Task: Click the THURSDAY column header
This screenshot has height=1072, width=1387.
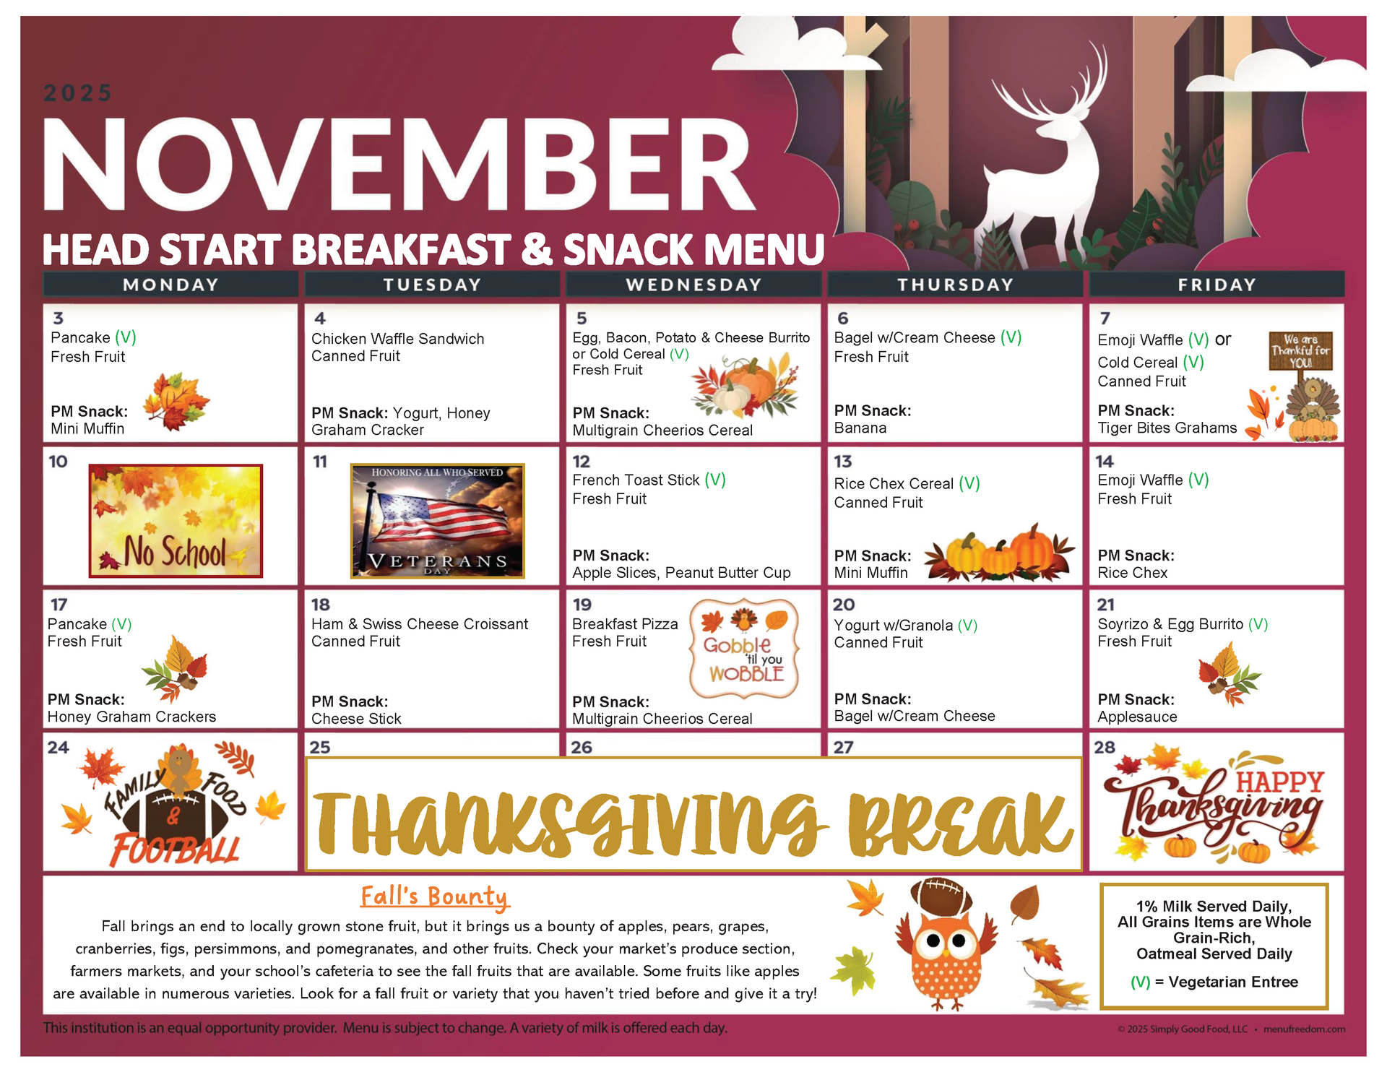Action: pos(955,285)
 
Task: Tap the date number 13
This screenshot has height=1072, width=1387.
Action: pos(842,462)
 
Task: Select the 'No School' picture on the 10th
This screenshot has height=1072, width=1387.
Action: pos(176,521)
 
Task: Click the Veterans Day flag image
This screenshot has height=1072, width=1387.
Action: pos(437,521)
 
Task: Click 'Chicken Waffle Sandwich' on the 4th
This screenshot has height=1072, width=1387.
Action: pos(397,339)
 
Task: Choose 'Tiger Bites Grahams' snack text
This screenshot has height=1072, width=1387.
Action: pos(1167,428)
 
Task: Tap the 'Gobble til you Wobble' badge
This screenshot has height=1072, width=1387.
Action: pos(744,648)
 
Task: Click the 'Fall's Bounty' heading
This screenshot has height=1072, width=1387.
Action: pos(435,896)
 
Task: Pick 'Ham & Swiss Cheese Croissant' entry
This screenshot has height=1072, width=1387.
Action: pos(420,624)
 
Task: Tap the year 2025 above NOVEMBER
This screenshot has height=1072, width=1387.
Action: pos(78,93)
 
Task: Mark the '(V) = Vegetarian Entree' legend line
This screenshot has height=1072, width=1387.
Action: pos(1214,982)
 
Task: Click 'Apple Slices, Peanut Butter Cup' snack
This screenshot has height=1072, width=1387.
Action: pos(681,573)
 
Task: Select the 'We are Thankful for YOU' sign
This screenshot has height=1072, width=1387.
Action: pos(1300,351)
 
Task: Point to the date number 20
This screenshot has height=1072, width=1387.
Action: pos(843,605)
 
